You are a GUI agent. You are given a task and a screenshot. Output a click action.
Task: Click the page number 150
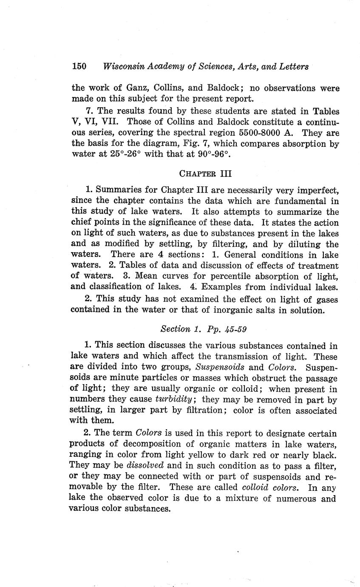(79, 66)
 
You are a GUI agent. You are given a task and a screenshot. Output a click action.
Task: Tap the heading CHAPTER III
(205, 174)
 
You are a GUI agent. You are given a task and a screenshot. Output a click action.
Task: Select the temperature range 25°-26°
(122, 154)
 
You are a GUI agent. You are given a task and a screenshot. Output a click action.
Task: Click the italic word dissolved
(145, 466)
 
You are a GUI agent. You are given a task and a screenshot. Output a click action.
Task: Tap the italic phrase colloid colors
(269, 487)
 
